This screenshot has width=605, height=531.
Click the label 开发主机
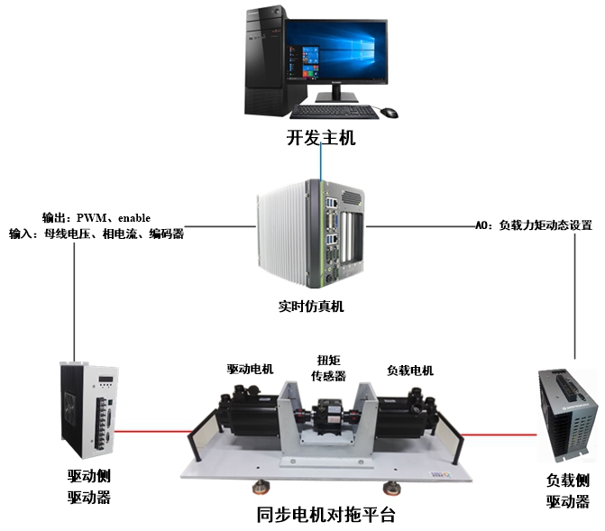[320, 139]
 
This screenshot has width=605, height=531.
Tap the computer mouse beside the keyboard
[389, 113]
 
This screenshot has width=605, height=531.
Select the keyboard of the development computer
[334, 112]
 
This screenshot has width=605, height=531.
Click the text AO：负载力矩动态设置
[534, 226]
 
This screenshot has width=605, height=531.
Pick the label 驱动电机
[250, 369]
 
